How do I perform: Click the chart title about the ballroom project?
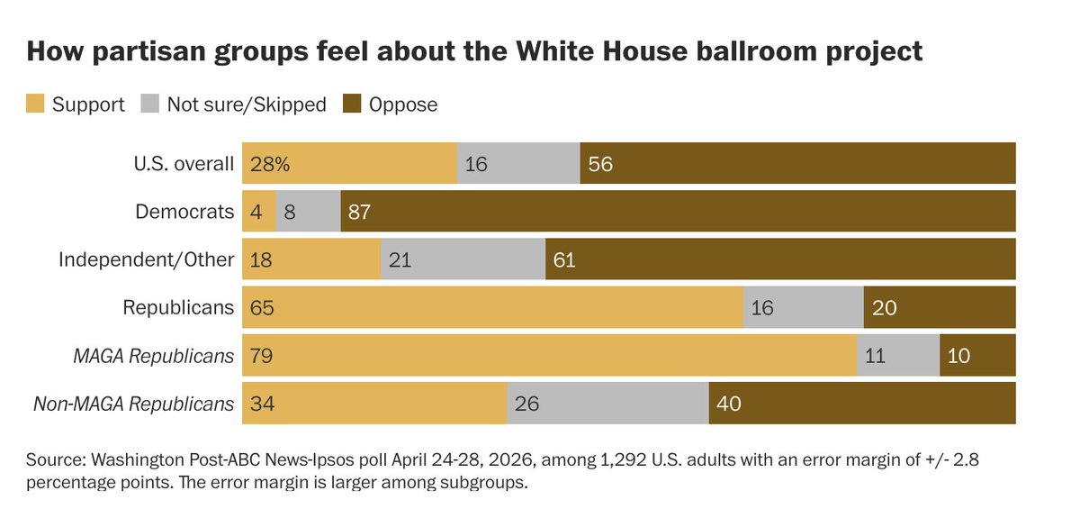(x=474, y=51)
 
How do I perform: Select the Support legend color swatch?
(x=35, y=104)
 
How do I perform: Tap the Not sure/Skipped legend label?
(x=247, y=104)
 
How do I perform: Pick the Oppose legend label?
(x=403, y=104)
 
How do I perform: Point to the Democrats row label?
(x=184, y=212)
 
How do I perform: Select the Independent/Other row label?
(x=147, y=259)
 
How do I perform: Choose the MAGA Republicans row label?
(x=154, y=356)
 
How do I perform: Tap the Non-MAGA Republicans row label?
(x=134, y=404)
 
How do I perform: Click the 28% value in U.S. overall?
(x=271, y=164)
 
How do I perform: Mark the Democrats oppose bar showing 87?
(x=678, y=212)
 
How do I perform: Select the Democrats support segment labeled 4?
(x=259, y=212)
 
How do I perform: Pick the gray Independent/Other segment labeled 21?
(x=463, y=259)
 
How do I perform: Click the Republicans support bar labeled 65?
(x=493, y=307)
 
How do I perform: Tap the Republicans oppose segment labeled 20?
(x=940, y=307)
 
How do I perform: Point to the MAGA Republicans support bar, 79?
(x=549, y=356)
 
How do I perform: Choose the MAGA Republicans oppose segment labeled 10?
(x=977, y=356)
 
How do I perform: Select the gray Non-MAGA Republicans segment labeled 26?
(x=608, y=404)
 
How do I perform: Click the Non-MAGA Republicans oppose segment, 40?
(x=862, y=404)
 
